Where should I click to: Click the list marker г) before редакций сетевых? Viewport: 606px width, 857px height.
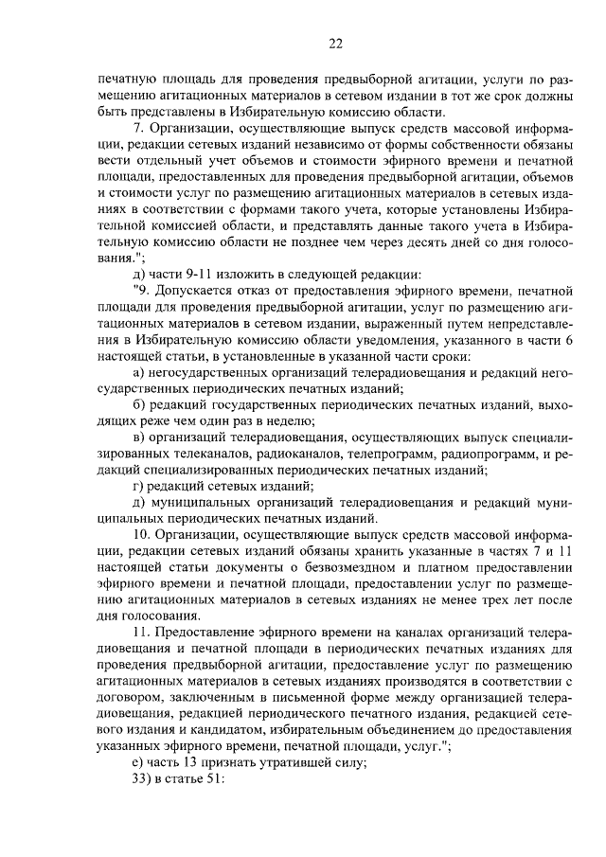[139, 486]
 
